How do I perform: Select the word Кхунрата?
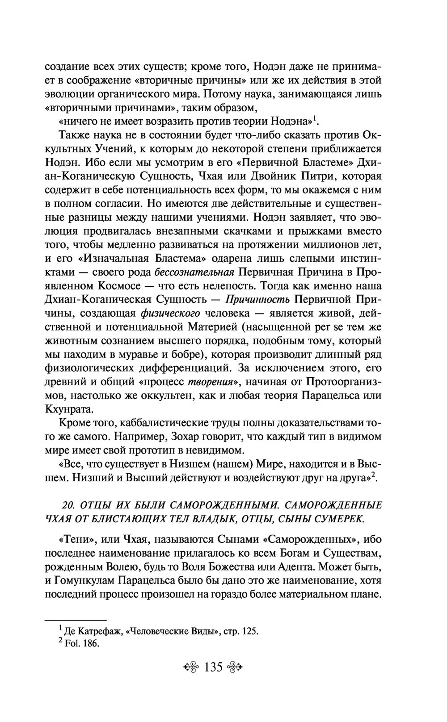tap(69, 409)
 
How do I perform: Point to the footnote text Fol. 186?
tap(81, 645)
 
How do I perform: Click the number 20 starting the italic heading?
tap(67, 505)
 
